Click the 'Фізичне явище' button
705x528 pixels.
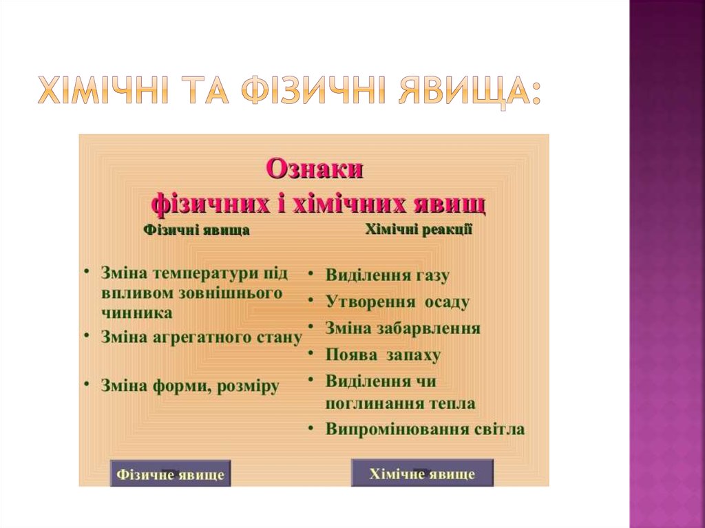(170, 474)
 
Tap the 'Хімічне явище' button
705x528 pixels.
(422, 474)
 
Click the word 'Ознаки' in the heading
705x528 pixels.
(314, 169)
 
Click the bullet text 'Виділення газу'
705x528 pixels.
(387, 276)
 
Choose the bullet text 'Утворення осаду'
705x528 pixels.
(397, 302)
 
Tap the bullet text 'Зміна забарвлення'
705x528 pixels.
(403, 328)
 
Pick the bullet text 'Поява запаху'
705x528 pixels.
(383, 355)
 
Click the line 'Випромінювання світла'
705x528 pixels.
(425, 430)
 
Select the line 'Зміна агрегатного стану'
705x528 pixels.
(201, 337)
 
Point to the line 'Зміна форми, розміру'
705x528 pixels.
(190, 386)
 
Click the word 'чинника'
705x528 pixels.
(136, 312)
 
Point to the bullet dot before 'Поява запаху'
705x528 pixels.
(312, 354)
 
